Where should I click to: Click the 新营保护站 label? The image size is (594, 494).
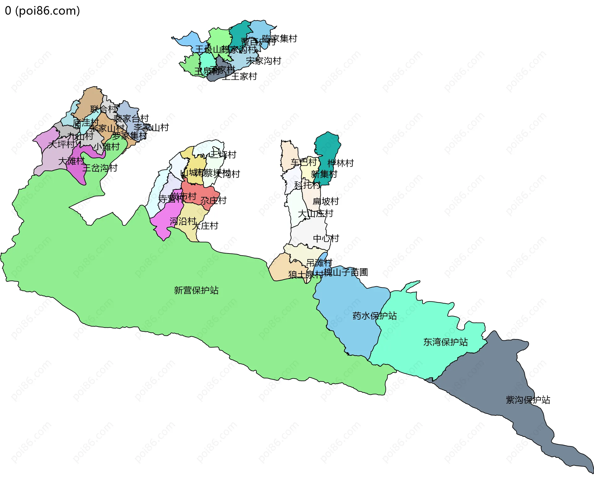pos(196,290)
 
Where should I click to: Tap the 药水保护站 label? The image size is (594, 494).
pos(374,316)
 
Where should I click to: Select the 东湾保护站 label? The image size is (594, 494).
pos(445,342)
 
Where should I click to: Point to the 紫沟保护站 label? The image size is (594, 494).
pos(528,400)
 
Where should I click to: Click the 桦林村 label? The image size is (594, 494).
pos(340,163)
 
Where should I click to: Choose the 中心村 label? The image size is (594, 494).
pos(326,238)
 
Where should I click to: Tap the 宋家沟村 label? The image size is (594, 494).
pos(263,61)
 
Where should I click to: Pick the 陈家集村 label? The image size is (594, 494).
pos(279,39)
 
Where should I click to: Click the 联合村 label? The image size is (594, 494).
pos(104,109)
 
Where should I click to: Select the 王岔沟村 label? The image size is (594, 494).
pos(100,168)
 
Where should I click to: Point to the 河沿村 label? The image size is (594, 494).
pos(183,221)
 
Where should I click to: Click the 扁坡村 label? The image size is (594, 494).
pos(325,201)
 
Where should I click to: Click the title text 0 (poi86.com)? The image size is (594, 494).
pos(42,11)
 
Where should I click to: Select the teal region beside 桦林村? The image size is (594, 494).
pos(327,145)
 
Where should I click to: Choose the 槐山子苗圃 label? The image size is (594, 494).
pos(346,272)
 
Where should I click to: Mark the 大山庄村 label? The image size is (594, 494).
pos(315,213)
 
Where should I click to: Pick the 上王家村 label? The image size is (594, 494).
pos(239,76)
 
